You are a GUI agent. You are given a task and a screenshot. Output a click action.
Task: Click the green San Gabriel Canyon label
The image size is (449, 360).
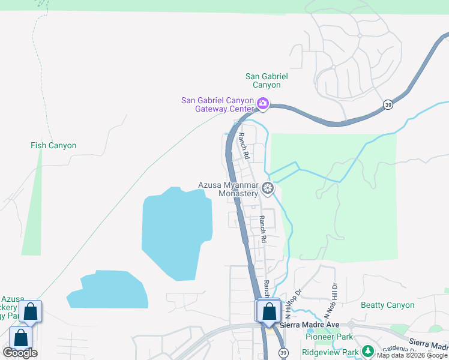click(x=267, y=80)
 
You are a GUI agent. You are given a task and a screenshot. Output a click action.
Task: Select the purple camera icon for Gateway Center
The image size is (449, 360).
click(x=263, y=104)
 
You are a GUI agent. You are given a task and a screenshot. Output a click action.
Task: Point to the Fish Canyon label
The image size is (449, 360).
click(x=53, y=145)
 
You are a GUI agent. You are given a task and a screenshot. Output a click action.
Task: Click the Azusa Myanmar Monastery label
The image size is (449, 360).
click(x=230, y=189)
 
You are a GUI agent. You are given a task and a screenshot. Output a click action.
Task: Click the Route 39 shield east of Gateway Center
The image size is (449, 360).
click(x=388, y=104)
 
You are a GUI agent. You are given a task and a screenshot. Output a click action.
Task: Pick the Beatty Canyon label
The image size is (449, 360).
click(x=387, y=305)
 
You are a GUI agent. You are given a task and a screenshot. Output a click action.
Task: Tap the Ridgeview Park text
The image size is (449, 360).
click(x=330, y=352)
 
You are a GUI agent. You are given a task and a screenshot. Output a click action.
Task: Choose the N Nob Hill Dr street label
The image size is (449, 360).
click(x=330, y=301)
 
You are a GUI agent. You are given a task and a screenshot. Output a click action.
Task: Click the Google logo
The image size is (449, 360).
click(x=20, y=353)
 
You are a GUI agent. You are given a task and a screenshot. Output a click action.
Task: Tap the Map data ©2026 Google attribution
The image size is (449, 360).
click(x=412, y=356)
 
